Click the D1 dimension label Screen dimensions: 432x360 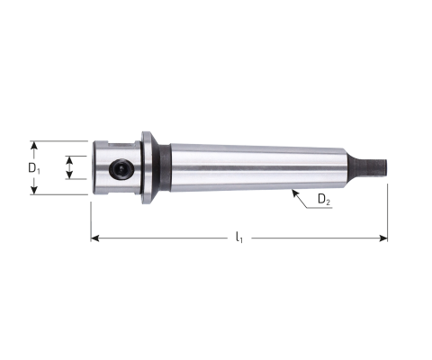tap(34, 168)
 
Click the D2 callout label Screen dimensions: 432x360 tap(324, 199)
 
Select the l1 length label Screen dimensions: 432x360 tap(239, 238)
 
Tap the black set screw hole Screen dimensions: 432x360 tap(121, 169)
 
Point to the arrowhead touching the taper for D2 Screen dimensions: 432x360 tap(295, 193)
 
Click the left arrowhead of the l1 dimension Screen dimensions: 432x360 tap(95, 238)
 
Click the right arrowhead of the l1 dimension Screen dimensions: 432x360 tap(383, 238)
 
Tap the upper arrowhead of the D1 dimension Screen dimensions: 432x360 tap(34, 146)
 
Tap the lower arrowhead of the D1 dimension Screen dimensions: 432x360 tap(34, 190)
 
